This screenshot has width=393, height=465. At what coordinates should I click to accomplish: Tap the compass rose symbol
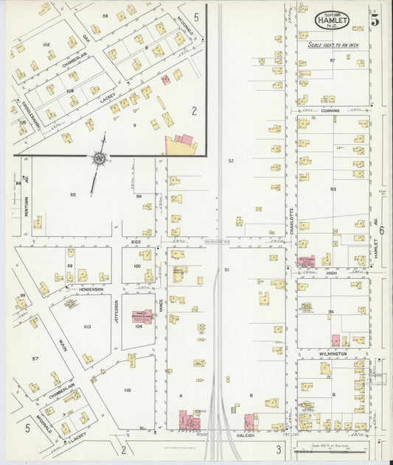pyautogui.click(x=98, y=157)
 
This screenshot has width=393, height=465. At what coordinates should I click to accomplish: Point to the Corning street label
pyautogui.click(x=331, y=110)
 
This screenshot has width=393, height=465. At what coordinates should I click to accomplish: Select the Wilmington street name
pyautogui.click(x=333, y=354)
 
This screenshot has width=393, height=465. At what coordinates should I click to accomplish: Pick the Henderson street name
pyautogui.click(x=89, y=289)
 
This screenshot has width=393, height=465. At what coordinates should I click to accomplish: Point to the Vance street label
pyautogui.click(x=161, y=313)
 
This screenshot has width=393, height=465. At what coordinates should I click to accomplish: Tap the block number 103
pyautogui.click(x=87, y=326)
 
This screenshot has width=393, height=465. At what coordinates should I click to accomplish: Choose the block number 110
pyautogui.click(x=127, y=390)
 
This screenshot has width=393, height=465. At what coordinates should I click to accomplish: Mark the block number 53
pyautogui.click(x=333, y=189)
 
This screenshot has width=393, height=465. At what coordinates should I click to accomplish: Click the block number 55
pyautogui.click(x=72, y=194)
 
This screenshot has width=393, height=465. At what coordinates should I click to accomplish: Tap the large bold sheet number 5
pyautogui.click(x=375, y=21)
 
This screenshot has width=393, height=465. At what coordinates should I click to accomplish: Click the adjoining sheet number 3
pyautogui.click(x=279, y=450)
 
